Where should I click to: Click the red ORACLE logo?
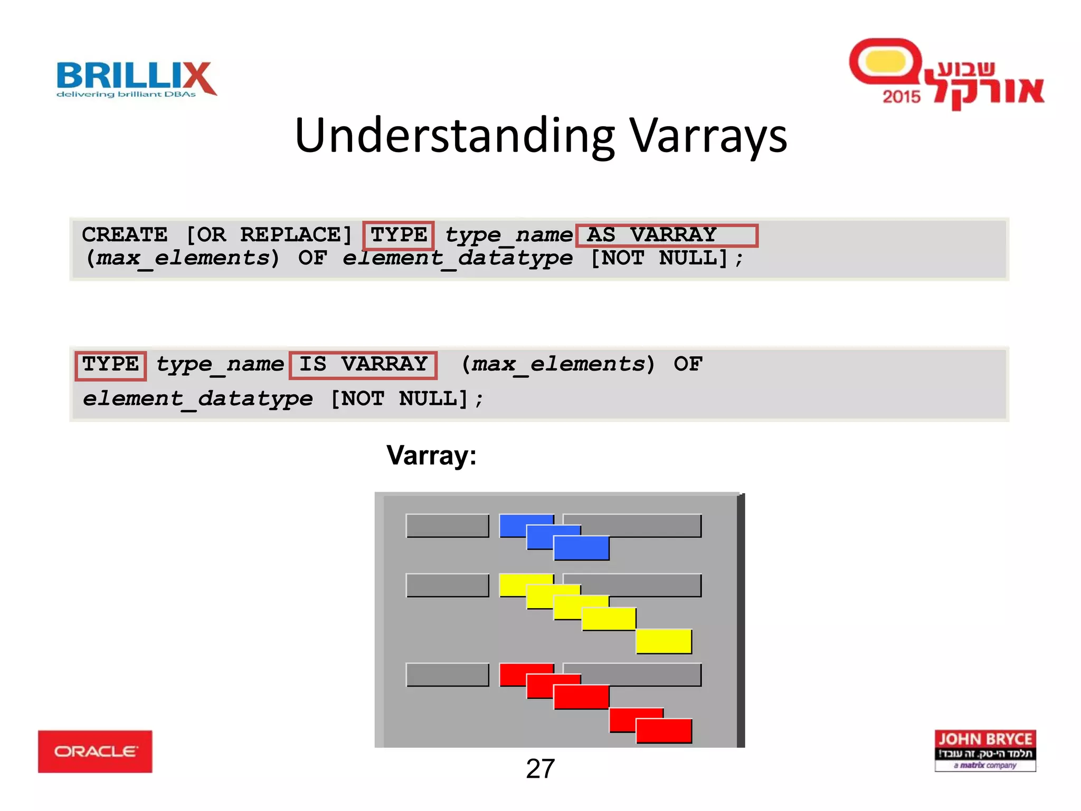coord(95,751)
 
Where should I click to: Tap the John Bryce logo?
coord(985,750)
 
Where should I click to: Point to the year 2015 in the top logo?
coord(901,97)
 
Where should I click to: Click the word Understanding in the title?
coord(454,136)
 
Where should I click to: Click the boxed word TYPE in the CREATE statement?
coord(399,235)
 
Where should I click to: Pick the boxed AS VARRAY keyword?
coord(666,235)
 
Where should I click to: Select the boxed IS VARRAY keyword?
coord(363,364)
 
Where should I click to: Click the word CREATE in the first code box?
coord(125,235)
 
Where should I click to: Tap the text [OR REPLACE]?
coord(269,235)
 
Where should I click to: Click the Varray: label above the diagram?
coord(431,455)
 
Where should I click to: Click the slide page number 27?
coord(540,769)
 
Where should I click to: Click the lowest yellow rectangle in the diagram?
coord(663,641)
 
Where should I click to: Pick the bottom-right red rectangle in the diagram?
coord(663,731)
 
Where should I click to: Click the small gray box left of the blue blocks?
coord(447,526)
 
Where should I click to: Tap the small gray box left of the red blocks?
coord(447,675)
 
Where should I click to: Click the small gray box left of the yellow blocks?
coord(447,585)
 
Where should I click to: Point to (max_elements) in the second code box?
coord(558,364)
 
